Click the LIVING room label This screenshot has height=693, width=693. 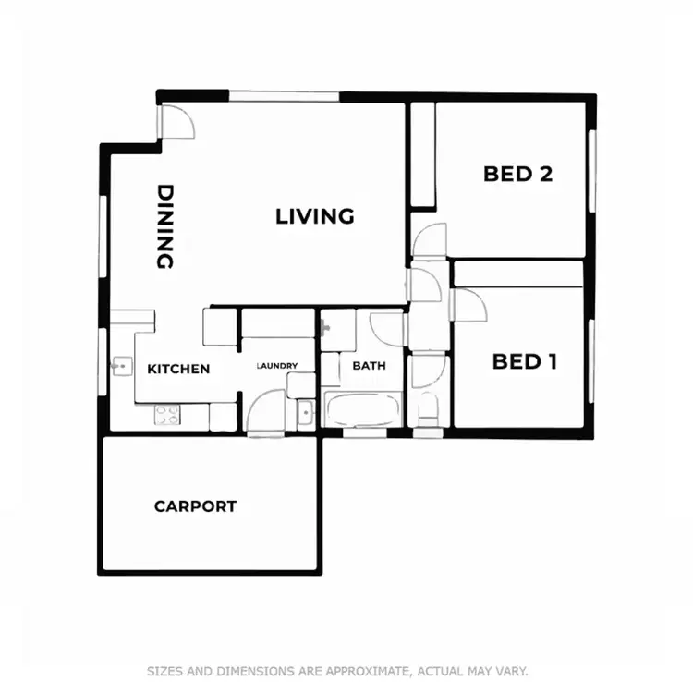click(315, 216)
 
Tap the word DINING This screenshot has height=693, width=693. click(165, 227)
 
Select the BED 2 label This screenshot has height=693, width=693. click(517, 174)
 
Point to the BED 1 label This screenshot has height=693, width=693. click(525, 361)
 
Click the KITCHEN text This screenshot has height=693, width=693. click(178, 369)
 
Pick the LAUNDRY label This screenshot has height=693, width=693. click(277, 366)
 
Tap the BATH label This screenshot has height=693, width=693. click(369, 366)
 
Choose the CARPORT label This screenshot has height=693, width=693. click(195, 506)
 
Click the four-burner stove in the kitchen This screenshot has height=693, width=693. click(167, 415)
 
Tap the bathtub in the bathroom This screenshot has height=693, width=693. click(362, 409)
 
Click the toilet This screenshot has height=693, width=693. click(428, 408)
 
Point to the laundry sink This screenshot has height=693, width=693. click(306, 412)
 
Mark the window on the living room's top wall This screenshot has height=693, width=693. click(284, 94)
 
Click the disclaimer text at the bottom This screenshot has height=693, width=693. click(337, 671)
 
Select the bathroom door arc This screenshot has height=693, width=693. click(387, 328)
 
